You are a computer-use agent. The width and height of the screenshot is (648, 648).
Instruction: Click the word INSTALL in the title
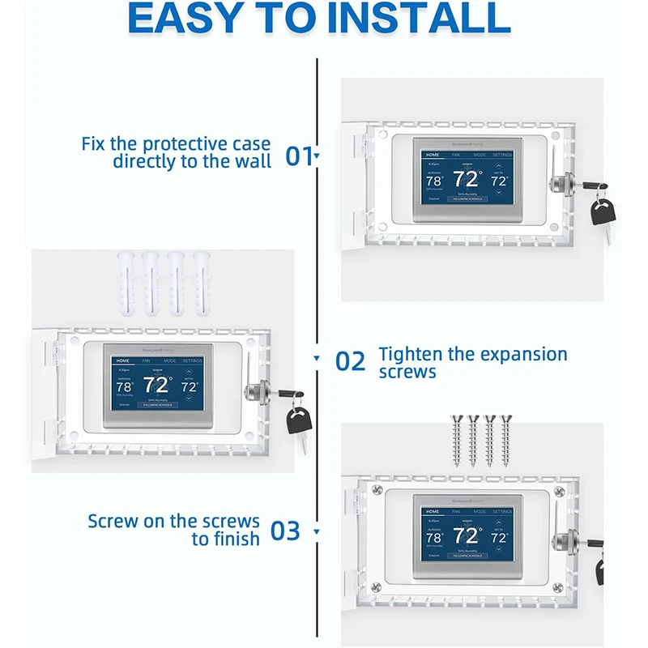point(427,19)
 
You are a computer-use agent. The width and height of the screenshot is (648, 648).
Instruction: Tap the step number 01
point(299,156)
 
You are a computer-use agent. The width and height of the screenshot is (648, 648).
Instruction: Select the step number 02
point(351,361)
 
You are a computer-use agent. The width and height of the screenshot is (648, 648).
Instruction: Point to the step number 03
point(284,531)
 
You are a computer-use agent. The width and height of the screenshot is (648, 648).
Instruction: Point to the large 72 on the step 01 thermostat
point(467,180)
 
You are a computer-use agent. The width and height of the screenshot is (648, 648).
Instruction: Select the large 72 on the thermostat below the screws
point(466,536)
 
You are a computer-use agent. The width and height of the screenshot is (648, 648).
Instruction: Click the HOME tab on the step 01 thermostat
point(433,154)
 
